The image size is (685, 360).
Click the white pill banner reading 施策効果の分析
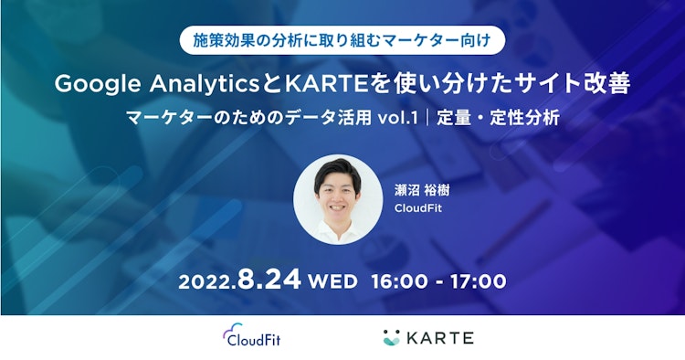[342, 40]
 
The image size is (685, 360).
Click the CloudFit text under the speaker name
[418, 209]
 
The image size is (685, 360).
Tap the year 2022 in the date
[208, 281]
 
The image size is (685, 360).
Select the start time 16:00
[400, 281]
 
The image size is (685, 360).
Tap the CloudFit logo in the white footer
[253, 337]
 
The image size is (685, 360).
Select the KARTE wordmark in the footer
[442, 337]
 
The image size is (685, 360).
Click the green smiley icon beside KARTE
[393, 337]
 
